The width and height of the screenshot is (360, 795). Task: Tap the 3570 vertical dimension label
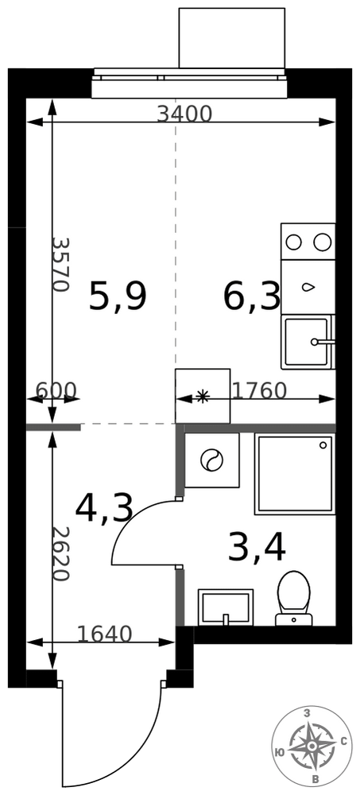[x=60, y=264]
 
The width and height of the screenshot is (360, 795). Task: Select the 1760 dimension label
[x=260, y=390]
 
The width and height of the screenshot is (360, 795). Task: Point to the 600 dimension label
[x=56, y=390]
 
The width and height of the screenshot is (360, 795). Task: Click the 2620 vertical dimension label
[x=60, y=553]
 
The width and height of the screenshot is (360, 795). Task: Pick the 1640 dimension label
[x=104, y=634]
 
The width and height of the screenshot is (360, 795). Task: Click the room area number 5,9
[x=118, y=297]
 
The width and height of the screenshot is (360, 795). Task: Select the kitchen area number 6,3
[x=252, y=297]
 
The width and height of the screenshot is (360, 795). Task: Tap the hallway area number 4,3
[x=104, y=509]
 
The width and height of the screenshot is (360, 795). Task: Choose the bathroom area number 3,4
[x=257, y=548]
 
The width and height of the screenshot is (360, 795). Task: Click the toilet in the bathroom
[x=293, y=599]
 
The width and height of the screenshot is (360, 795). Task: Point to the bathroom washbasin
[x=226, y=607]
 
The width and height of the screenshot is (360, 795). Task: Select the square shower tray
[x=295, y=474]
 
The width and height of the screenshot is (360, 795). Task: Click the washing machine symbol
[x=212, y=460]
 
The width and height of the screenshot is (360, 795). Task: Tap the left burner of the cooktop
[x=293, y=242]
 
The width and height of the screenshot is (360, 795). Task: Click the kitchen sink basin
[x=306, y=342]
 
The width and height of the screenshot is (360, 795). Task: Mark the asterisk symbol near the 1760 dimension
[x=203, y=397]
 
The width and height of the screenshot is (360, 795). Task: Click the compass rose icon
[x=312, y=746]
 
